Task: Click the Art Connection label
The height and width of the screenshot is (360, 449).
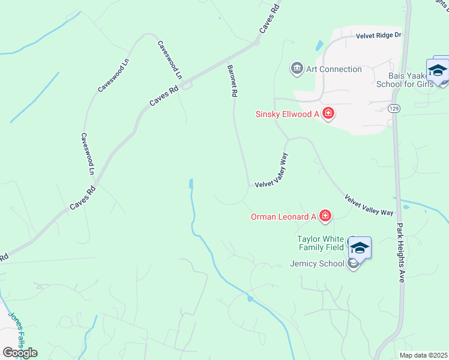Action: click(x=334, y=69)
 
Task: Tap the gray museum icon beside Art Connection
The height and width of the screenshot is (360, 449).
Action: click(x=297, y=69)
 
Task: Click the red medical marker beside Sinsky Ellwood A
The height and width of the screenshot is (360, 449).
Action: click(x=328, y=113)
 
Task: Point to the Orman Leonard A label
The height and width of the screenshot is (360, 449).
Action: click(x=283, y=217)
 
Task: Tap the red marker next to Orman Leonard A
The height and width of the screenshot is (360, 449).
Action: click(x=325, y=216)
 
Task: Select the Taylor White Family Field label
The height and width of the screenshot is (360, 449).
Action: click(x=321, y=242)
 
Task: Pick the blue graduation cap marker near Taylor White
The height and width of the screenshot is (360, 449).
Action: click(x=360, y=247)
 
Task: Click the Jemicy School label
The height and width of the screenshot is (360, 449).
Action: click(x=317, y=263)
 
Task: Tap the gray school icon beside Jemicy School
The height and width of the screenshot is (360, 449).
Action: click(x=354, y=264)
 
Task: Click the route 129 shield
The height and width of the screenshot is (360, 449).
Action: click(x=394, y=108)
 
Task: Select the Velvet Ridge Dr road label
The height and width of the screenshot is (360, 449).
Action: click(x=378, y=36)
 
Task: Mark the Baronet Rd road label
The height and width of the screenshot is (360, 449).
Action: click(x=233, y=82)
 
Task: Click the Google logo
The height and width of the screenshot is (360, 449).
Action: click(x=20, y=352)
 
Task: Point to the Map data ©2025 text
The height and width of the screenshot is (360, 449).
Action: click(x=423, y=355)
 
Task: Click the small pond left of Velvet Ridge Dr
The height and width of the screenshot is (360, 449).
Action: click(x=319, y=45)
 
